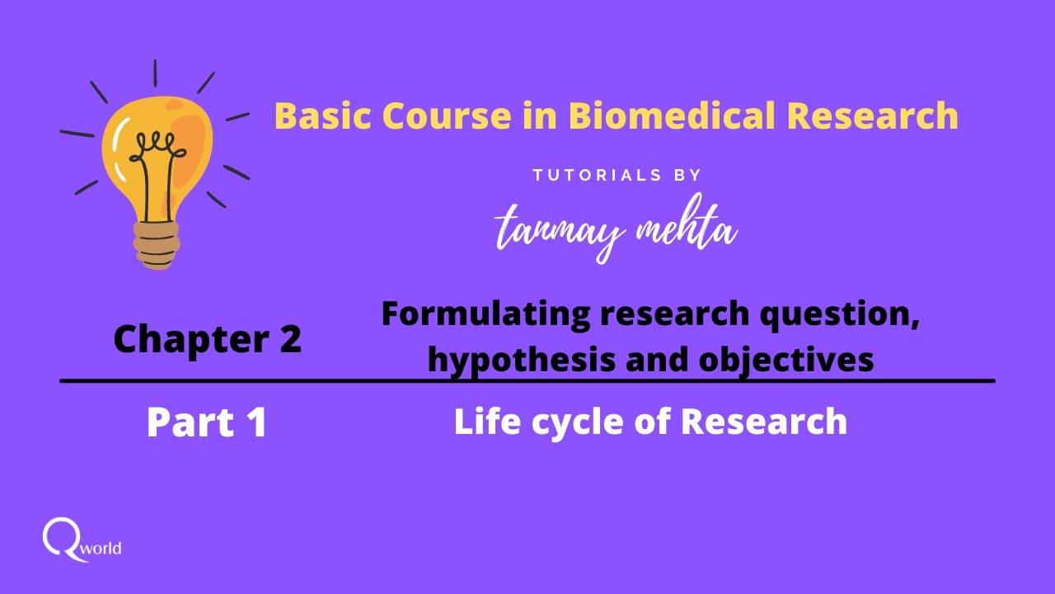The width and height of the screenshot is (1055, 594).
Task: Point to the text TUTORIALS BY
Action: coord(617,175)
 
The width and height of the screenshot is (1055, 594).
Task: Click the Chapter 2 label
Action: coord(207,338)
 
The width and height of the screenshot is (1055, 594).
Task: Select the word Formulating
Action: coord(487,313)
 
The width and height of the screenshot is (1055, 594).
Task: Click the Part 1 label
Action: coord(207,422)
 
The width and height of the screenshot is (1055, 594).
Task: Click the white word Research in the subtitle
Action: coord(763,422)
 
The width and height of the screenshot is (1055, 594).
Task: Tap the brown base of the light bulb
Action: coord(156,246)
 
